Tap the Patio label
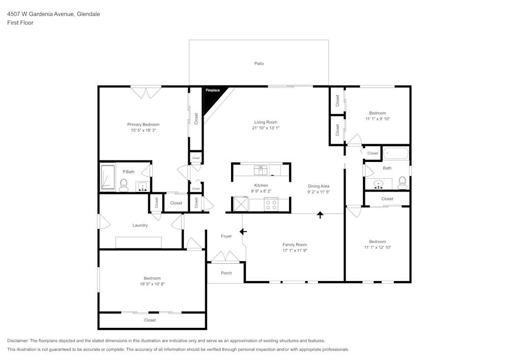click(x=259, y=64)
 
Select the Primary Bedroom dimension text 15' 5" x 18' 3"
click(x=143, y=130)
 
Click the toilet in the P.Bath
click(x=124, y=185)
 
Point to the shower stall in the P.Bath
click(x=107, y=178)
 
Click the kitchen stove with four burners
click(x=271, y=205)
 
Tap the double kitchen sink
click(x=261, y=169)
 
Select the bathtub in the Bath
click(x=395, y=153)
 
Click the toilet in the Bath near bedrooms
click(x=402, y=183)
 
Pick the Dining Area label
click(x=319, y=186)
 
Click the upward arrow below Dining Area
click(x=320, y=215)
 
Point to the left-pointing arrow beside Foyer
click(x=243, y=232)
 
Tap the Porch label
click(x=227, y=273)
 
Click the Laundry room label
click(x=140, y=225)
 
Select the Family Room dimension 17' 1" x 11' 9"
click(x=295, y=251)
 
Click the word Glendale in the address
click(x=88, y=14)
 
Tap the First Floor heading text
click(x=20, y=23)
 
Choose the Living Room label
click(x=266, y=122)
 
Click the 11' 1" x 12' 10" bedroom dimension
click(x=377, y=247)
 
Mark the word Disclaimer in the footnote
click(x=18, y=341)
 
